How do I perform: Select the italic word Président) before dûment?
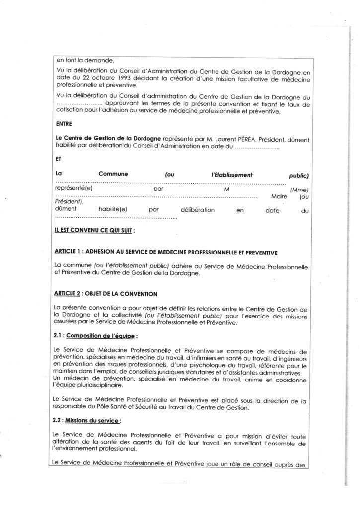[x=69, y=203]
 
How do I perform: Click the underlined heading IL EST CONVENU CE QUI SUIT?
[x=93, y=231]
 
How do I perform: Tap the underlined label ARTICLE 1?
[x=68, y=253]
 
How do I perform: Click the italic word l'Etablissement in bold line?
[x=232, y=175]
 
